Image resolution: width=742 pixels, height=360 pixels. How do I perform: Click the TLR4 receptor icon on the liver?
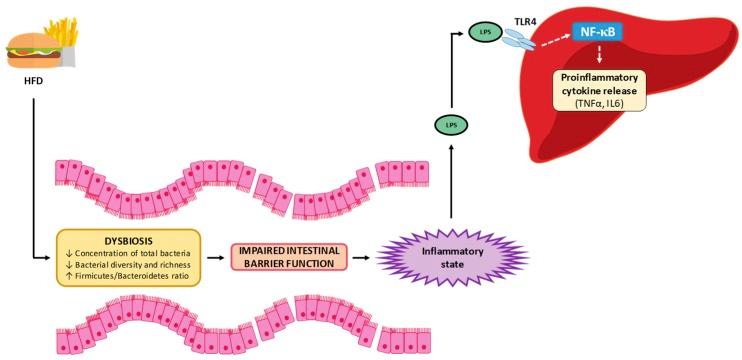tap(518, 40)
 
